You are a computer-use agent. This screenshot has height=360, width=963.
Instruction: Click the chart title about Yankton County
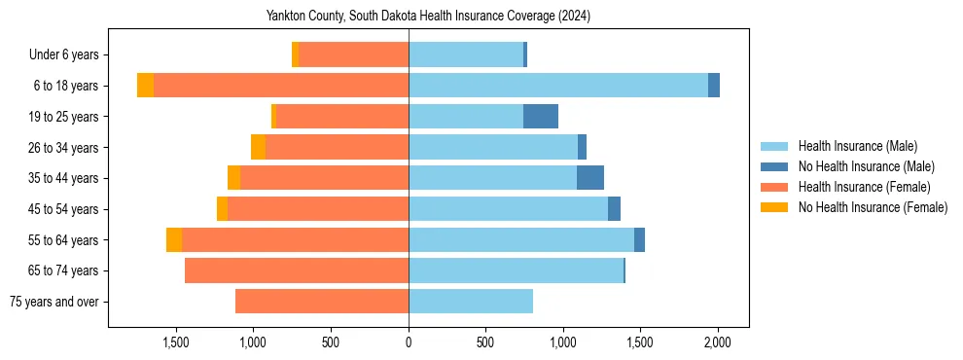coord(428,17)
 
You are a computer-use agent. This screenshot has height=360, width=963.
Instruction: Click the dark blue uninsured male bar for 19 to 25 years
coord(541,117)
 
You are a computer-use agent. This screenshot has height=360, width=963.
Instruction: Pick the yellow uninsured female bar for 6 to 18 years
coord(145,86)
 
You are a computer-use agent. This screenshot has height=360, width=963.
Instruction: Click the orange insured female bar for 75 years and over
coord(322,302)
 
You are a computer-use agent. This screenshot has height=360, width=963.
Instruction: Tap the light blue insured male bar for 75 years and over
coord(471,302)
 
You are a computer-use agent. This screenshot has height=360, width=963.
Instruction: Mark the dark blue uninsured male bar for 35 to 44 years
coord(590,178)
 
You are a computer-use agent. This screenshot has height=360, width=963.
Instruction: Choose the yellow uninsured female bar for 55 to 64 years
coord(174,240)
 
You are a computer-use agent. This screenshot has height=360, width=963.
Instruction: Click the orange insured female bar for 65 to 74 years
coord(297,270)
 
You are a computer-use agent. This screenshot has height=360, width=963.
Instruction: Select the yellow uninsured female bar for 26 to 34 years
coord(258,147)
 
